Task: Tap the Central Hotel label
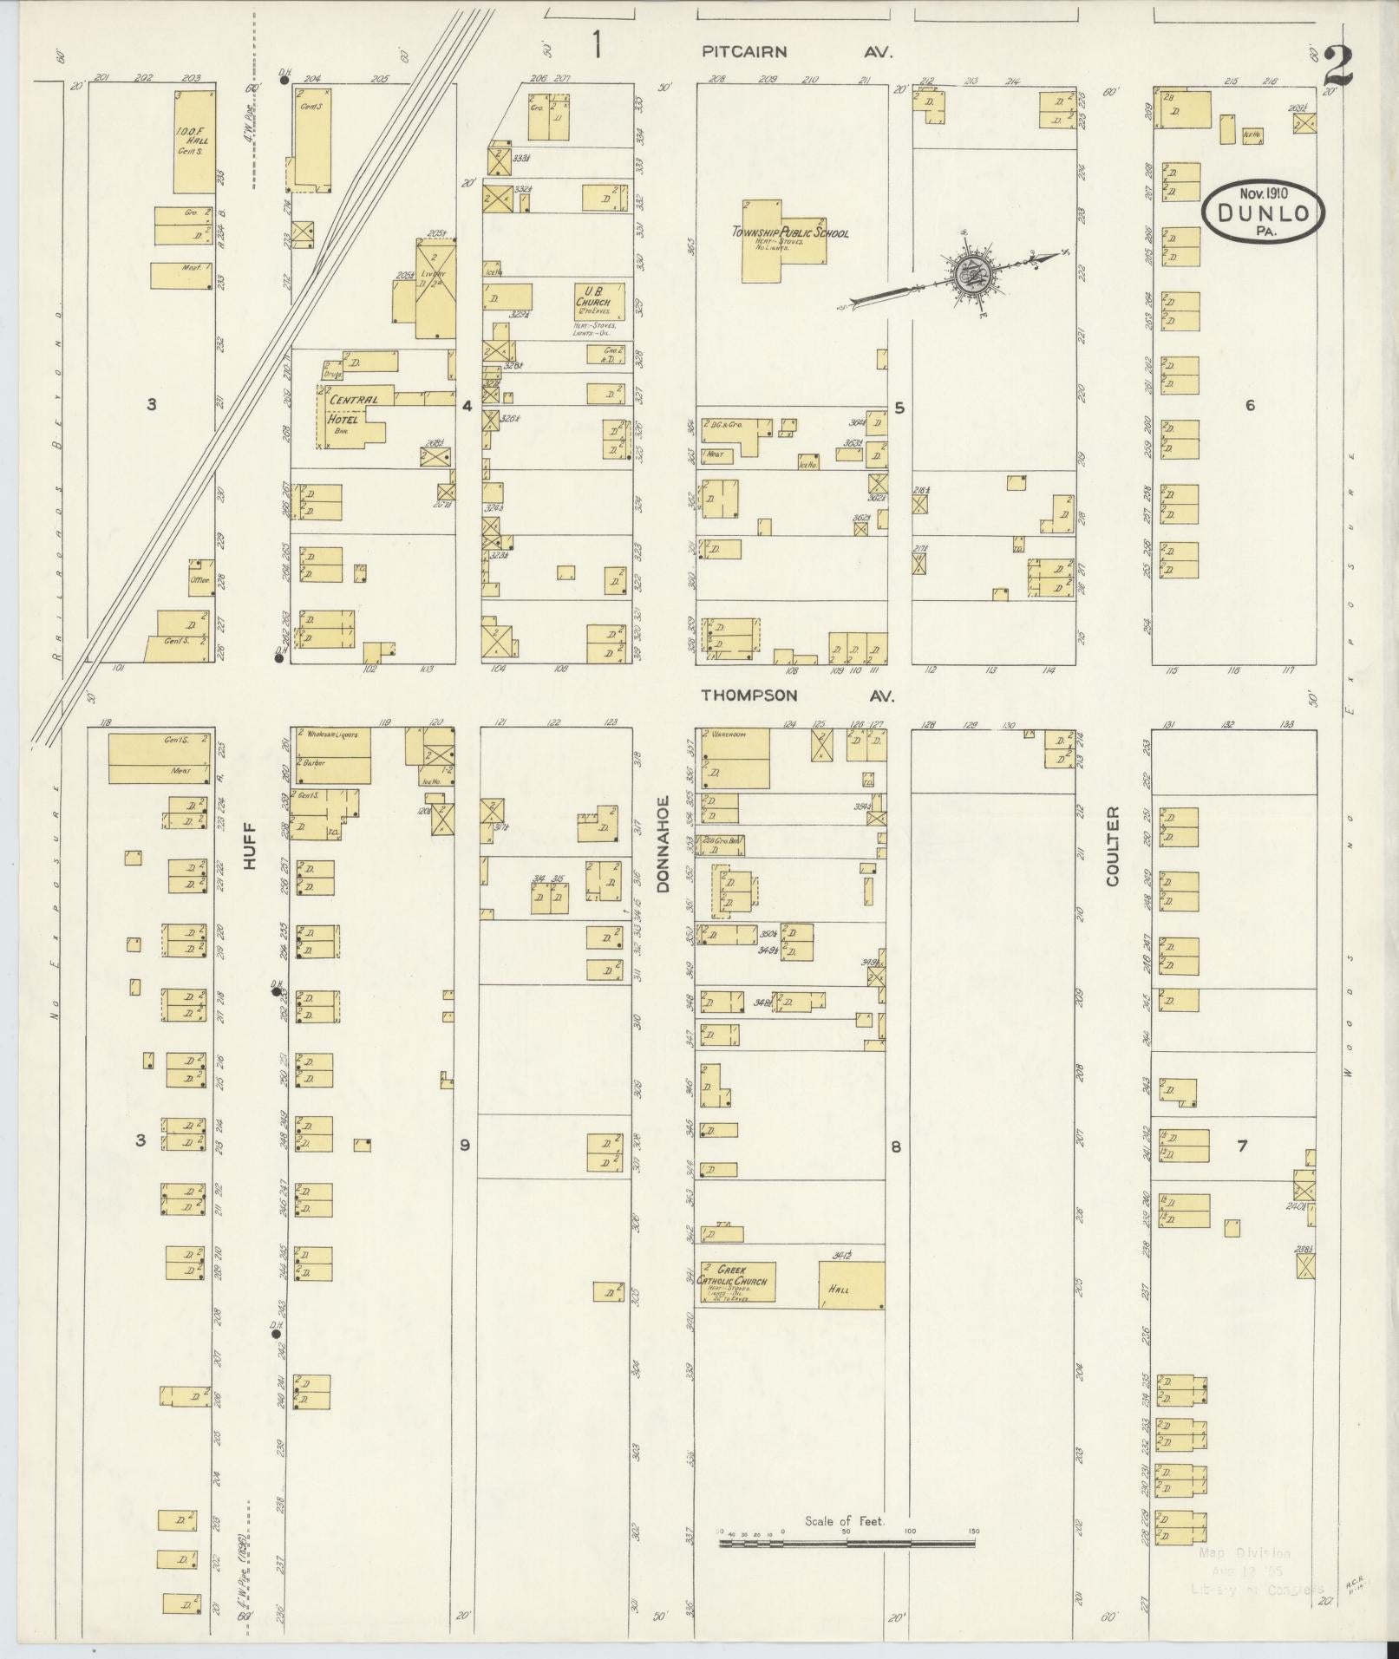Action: (x=352, y=408)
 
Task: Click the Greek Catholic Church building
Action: (x=737, y=1281)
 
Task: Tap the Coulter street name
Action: (x=1113, y=846)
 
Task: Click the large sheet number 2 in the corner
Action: (x=1340, y=66)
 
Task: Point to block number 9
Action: (x=465, y=1146)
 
